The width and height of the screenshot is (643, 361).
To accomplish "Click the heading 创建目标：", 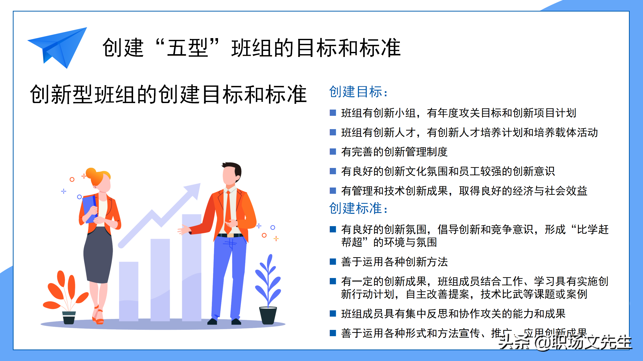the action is pyautogui.click(x=358, y=92).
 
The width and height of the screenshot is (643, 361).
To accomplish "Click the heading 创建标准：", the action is pyautogui.click(x=358, y=208).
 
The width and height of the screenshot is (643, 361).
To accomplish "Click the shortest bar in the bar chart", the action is pyautogui.click(x=129, y=291).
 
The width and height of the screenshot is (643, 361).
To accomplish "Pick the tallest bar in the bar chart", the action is pyautogui.click(x=192, y=267).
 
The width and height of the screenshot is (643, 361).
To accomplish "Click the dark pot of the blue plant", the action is pyautogui.click(x=268, y=315).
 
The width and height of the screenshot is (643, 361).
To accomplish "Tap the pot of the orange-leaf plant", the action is pyautogui.click(x=69, y=318).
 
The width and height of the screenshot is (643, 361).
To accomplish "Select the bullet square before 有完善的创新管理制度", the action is pyautogui.click(x=333, y=152).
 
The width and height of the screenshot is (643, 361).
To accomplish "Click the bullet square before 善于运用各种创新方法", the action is pyautogui.click(x=333, y=262).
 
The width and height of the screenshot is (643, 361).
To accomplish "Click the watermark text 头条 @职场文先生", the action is pyautogui.click(x=565, y=342).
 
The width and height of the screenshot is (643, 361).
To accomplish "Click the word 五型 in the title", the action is pyautogui.click(x=187, y=48).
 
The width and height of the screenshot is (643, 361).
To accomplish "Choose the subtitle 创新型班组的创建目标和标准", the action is pyautogui.click(x=168, y=95).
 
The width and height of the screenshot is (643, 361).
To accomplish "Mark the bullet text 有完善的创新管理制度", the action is pyautogui.click(x=394, y=152).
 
